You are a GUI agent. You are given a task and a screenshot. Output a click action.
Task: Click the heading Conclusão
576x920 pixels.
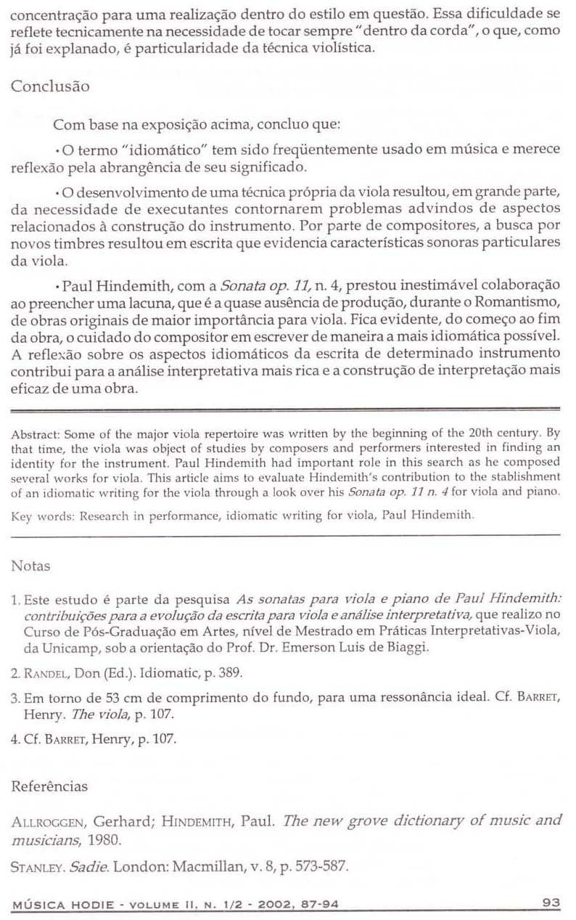[x=50, y=86]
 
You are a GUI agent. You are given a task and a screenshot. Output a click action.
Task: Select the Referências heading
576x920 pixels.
[x=48, y=786]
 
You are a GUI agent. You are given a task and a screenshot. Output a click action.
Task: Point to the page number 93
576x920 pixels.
[x=551, y=903]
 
